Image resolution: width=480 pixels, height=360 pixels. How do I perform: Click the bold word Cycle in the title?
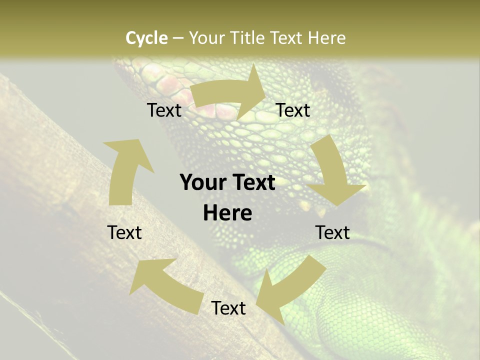click(x=146, y=38)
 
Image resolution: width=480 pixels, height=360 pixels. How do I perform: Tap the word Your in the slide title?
click(x=206, y=38)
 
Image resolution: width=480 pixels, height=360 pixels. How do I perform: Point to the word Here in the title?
click(x=326, y=38)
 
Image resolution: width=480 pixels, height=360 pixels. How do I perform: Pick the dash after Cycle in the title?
click(x=178, y=38)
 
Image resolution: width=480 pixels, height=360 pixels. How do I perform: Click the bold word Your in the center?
click(x=200, y=183)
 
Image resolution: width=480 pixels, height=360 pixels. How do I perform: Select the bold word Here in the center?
click(x=227, y=213)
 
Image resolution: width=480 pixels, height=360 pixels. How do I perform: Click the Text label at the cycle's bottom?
click(x=228, y=308)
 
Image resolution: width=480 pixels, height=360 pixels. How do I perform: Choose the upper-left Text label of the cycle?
click(x=164, y=110)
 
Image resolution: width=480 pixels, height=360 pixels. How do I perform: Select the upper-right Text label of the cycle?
click(x=293, y=110)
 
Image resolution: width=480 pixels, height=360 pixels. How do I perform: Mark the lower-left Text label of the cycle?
click(x=125, y=232)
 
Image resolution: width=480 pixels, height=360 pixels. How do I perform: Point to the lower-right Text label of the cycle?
click(x=333, y=232)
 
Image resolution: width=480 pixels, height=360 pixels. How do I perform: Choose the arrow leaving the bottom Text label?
click(x=165, y=282)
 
